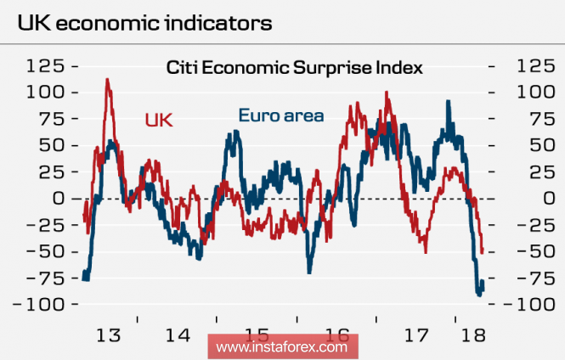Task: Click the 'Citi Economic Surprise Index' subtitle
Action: [294, 66]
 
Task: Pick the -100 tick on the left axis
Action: [42, 304]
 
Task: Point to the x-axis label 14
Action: [178, 335]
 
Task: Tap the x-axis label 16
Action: [337, 335]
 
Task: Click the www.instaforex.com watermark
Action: [282, 347]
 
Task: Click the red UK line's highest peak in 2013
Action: [107, 80]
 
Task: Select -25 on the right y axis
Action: [523, 225]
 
